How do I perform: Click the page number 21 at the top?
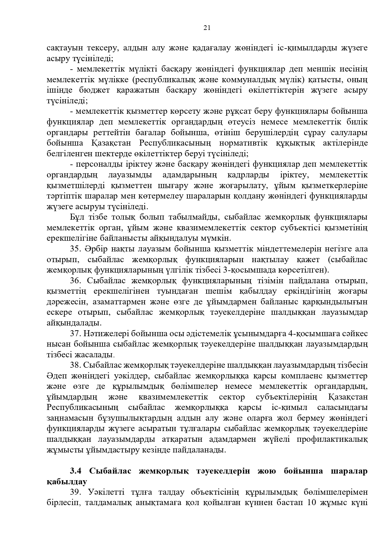coord(207,28)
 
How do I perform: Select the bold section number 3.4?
coord(76,471)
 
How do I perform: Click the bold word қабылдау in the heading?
coord(66,482)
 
